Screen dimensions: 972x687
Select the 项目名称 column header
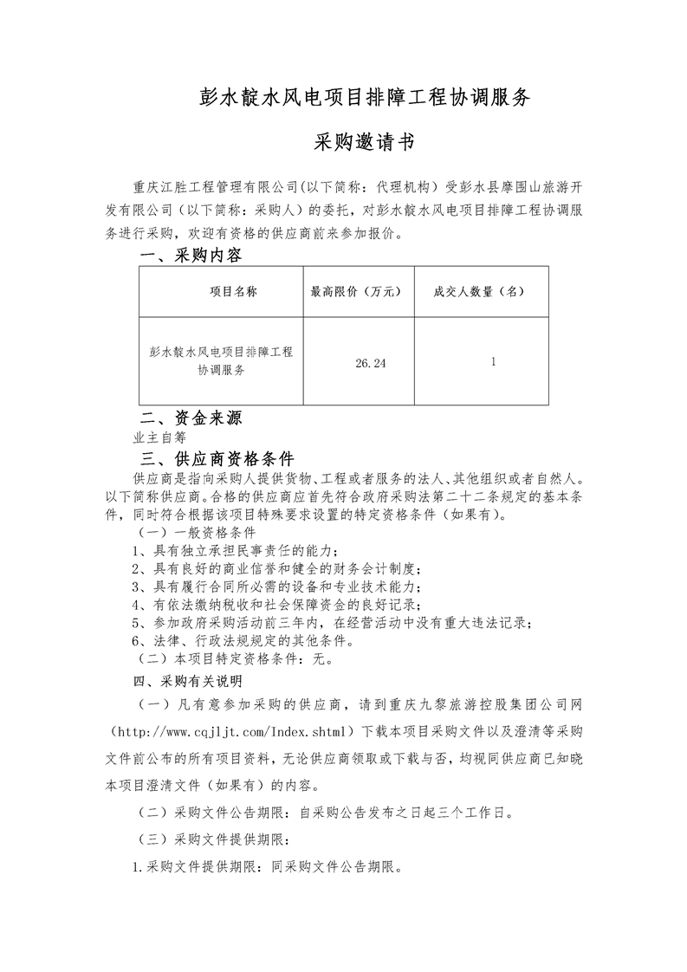pos(233,292)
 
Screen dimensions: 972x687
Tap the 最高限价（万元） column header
pos(357,292)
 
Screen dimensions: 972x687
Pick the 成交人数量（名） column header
pos(480,292)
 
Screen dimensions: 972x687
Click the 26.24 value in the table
pos(370,363)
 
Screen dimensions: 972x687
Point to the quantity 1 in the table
pos(493,362)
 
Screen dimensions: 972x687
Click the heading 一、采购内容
pos(191,256)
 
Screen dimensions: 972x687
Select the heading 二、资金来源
pos(191,418)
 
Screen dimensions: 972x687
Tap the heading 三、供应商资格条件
pos(217,458)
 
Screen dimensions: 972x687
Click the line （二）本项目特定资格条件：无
pos(230,658)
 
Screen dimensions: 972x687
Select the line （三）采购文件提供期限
pos(217,839)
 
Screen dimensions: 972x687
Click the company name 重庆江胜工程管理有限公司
pos(216,185)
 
